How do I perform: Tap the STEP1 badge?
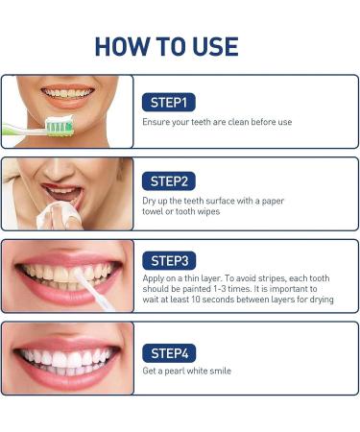click(169, 101)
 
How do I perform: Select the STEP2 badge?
click(170, 180)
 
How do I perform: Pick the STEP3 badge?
click(170, 260)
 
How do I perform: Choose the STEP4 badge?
click(170, 350)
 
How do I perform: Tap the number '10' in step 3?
click(196, 300)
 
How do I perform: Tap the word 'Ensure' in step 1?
click(156, 122)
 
